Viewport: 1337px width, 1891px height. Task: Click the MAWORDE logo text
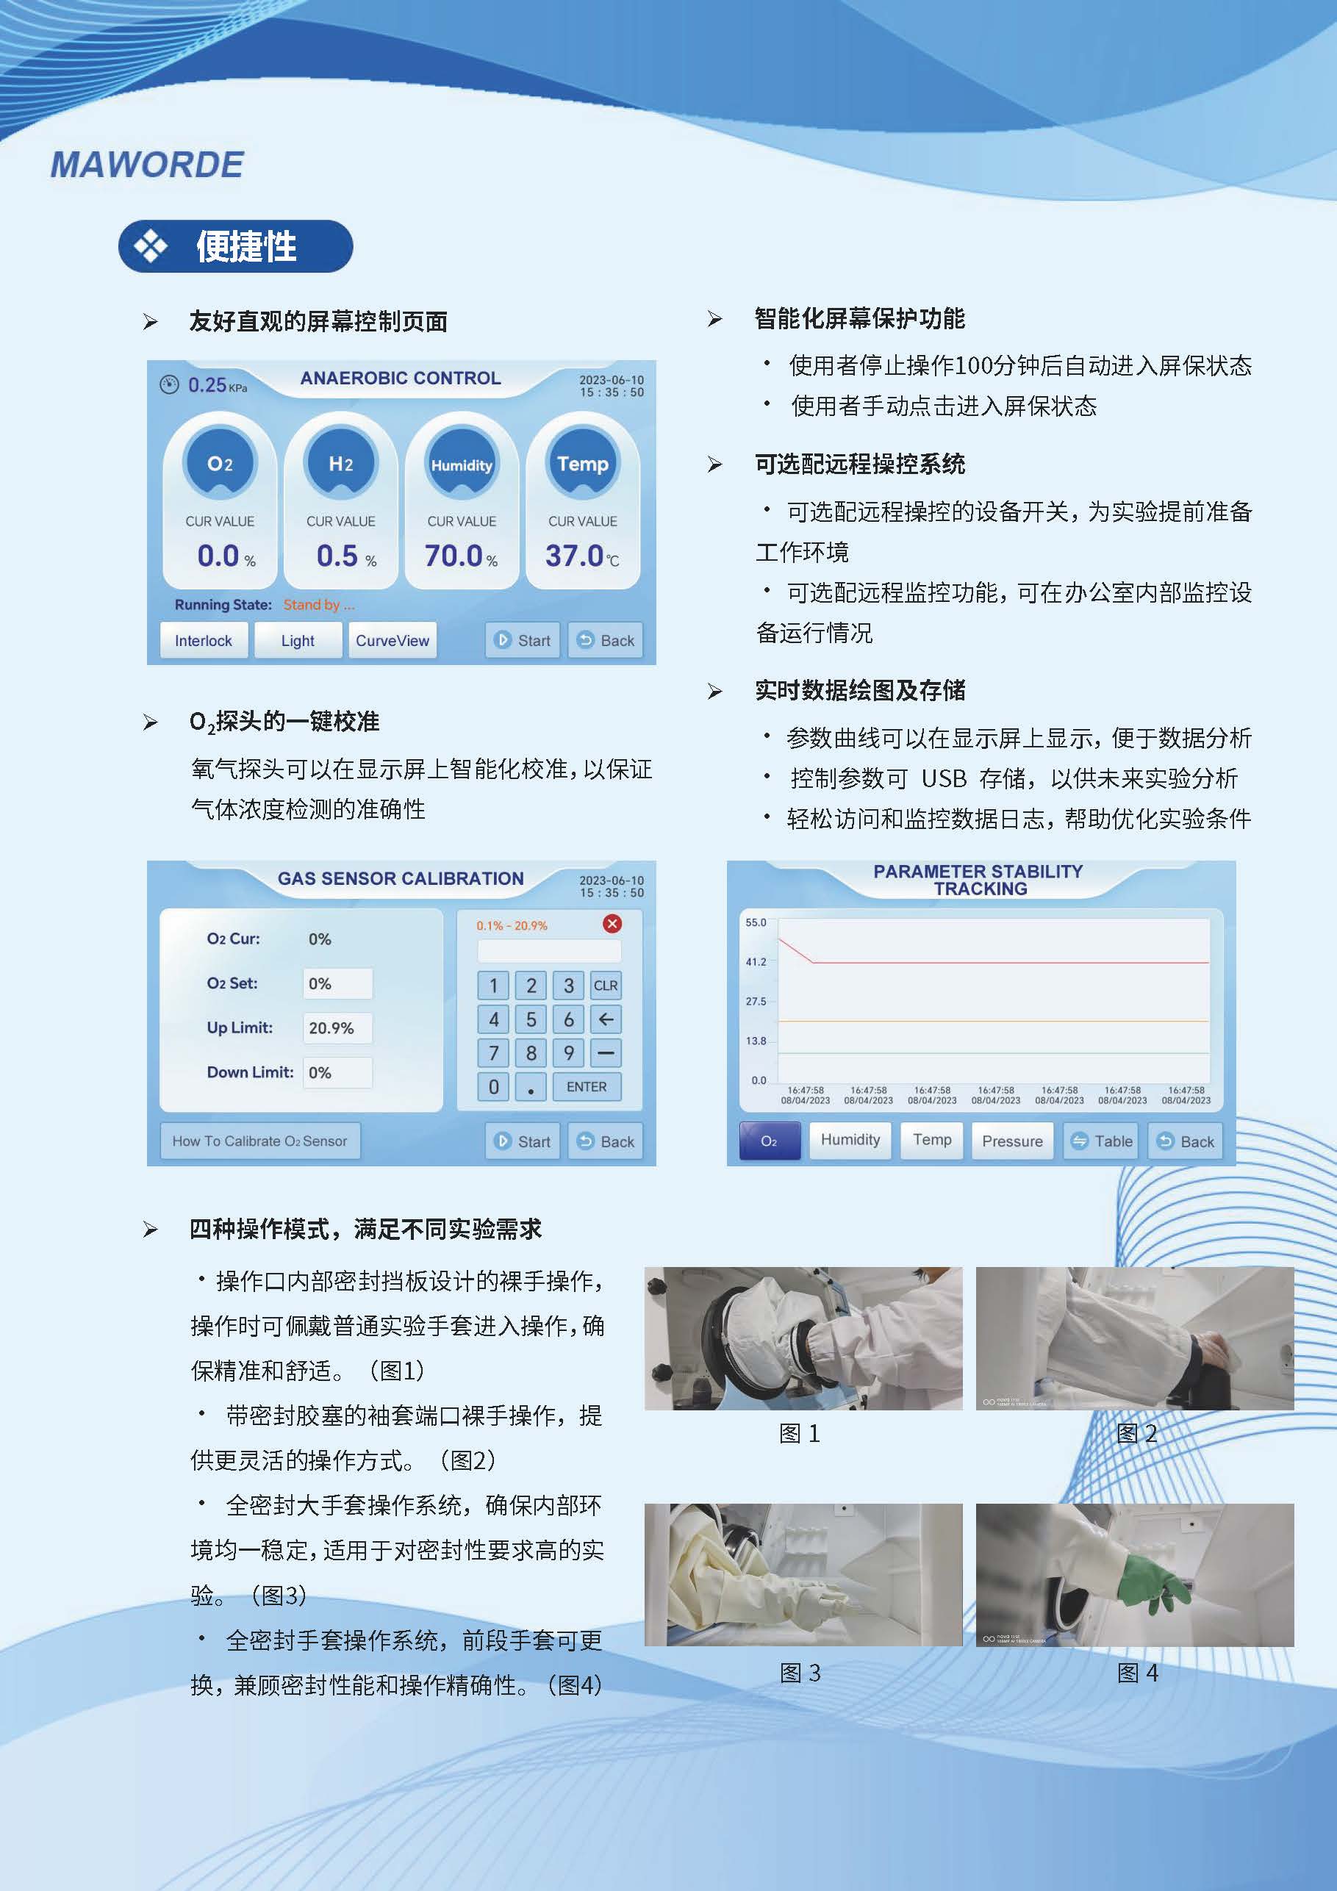pos(146,165)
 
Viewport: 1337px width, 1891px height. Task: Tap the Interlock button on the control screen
pos(204,640)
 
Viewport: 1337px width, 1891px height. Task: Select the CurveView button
pos(392,640)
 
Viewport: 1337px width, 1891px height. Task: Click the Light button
pos(298,640)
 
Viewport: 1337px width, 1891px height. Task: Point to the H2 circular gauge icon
pos(341,463)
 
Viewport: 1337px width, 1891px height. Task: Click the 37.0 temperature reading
pos(581,556)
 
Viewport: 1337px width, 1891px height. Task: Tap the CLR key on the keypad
pos(606,985)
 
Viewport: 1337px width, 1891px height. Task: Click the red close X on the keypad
pos(612,923)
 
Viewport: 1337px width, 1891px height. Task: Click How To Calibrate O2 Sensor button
pos(259,1141)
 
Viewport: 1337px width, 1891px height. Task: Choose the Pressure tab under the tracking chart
pos(1012,1141)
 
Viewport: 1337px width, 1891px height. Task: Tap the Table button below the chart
pos(1101,1141)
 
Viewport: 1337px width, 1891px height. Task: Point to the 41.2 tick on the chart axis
pos(756,961)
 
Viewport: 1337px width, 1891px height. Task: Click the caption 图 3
pos(800,1673)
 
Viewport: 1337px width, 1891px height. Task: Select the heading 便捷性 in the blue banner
pos(246,246)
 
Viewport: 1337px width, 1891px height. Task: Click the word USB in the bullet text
pos(943,778)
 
